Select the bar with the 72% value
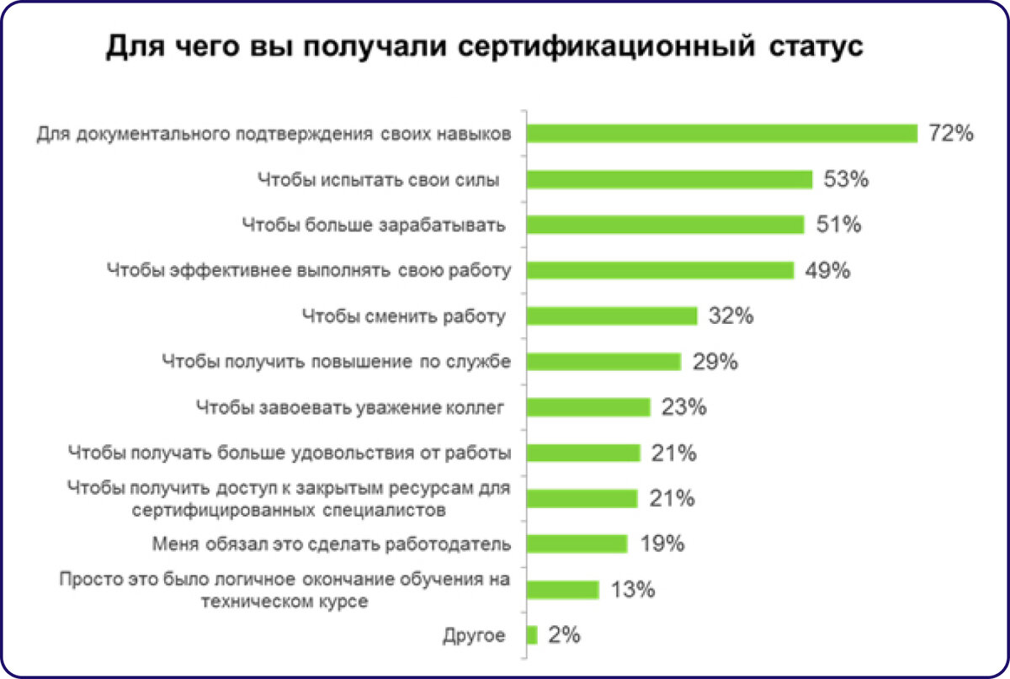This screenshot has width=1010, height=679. click(721, 134)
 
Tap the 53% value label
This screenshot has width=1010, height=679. click(846, 180)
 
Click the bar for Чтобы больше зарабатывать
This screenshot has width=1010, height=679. click(665, 225)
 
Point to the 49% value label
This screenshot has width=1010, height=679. click(828, 270)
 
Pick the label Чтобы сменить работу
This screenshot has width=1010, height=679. click(404, 316)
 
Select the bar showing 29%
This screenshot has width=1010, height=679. click(603, 362)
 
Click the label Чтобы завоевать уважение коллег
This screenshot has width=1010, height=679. click(349, 408)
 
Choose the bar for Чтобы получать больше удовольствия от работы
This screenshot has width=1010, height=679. click(583, 453)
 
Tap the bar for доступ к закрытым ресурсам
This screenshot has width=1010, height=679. click(582, 498)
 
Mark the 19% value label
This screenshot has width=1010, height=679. click(662, 544)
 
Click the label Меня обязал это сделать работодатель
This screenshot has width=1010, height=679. click(332, 544)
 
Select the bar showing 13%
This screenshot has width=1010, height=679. click(562, 589)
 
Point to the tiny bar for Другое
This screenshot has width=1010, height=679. click(532, 635)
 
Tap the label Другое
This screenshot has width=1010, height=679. click(474, 636)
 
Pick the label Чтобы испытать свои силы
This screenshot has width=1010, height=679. click(378, 180)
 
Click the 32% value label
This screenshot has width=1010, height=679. click(731, 316)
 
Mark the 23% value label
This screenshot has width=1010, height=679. click(683, 408)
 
